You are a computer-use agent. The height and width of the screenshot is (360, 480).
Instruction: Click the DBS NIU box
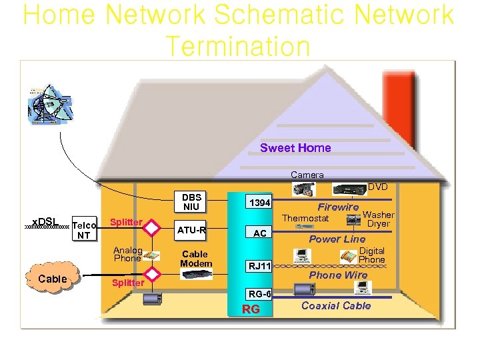pos(191,202)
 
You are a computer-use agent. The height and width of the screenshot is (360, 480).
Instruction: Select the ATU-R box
pos(191,231)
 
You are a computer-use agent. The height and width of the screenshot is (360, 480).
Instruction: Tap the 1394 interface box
pos(259,201)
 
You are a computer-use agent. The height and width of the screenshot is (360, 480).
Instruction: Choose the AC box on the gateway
pos(259,233)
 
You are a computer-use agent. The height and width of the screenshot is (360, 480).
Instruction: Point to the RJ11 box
pos(259,266)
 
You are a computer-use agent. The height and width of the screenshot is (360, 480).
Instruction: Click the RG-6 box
pos(259,293)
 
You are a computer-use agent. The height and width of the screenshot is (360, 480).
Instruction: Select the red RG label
pos(251,309)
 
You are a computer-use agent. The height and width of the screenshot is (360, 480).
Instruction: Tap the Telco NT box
pos(84,230)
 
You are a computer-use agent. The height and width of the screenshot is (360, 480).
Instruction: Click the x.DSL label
pos(45,221)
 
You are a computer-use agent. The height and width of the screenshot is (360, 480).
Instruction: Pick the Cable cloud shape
pos(53,279)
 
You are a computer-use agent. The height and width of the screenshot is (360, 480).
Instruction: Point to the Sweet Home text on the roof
pos(295,148)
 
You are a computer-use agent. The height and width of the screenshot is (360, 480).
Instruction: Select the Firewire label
pos(337,207)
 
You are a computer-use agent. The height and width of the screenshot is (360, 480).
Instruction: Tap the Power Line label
pos(337,239)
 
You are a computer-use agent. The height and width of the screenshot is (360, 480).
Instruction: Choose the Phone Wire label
pos(338,275)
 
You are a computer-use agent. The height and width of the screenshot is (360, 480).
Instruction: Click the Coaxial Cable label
pos(336,305)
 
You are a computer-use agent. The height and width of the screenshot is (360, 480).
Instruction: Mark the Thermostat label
pos(305,218)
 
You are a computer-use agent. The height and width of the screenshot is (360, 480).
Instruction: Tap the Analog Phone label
pos(127,254)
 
